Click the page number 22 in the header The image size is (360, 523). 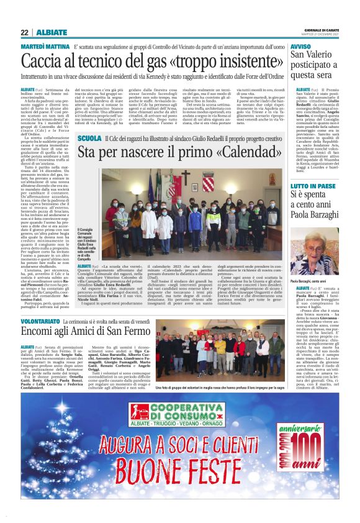click(24, 32)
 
